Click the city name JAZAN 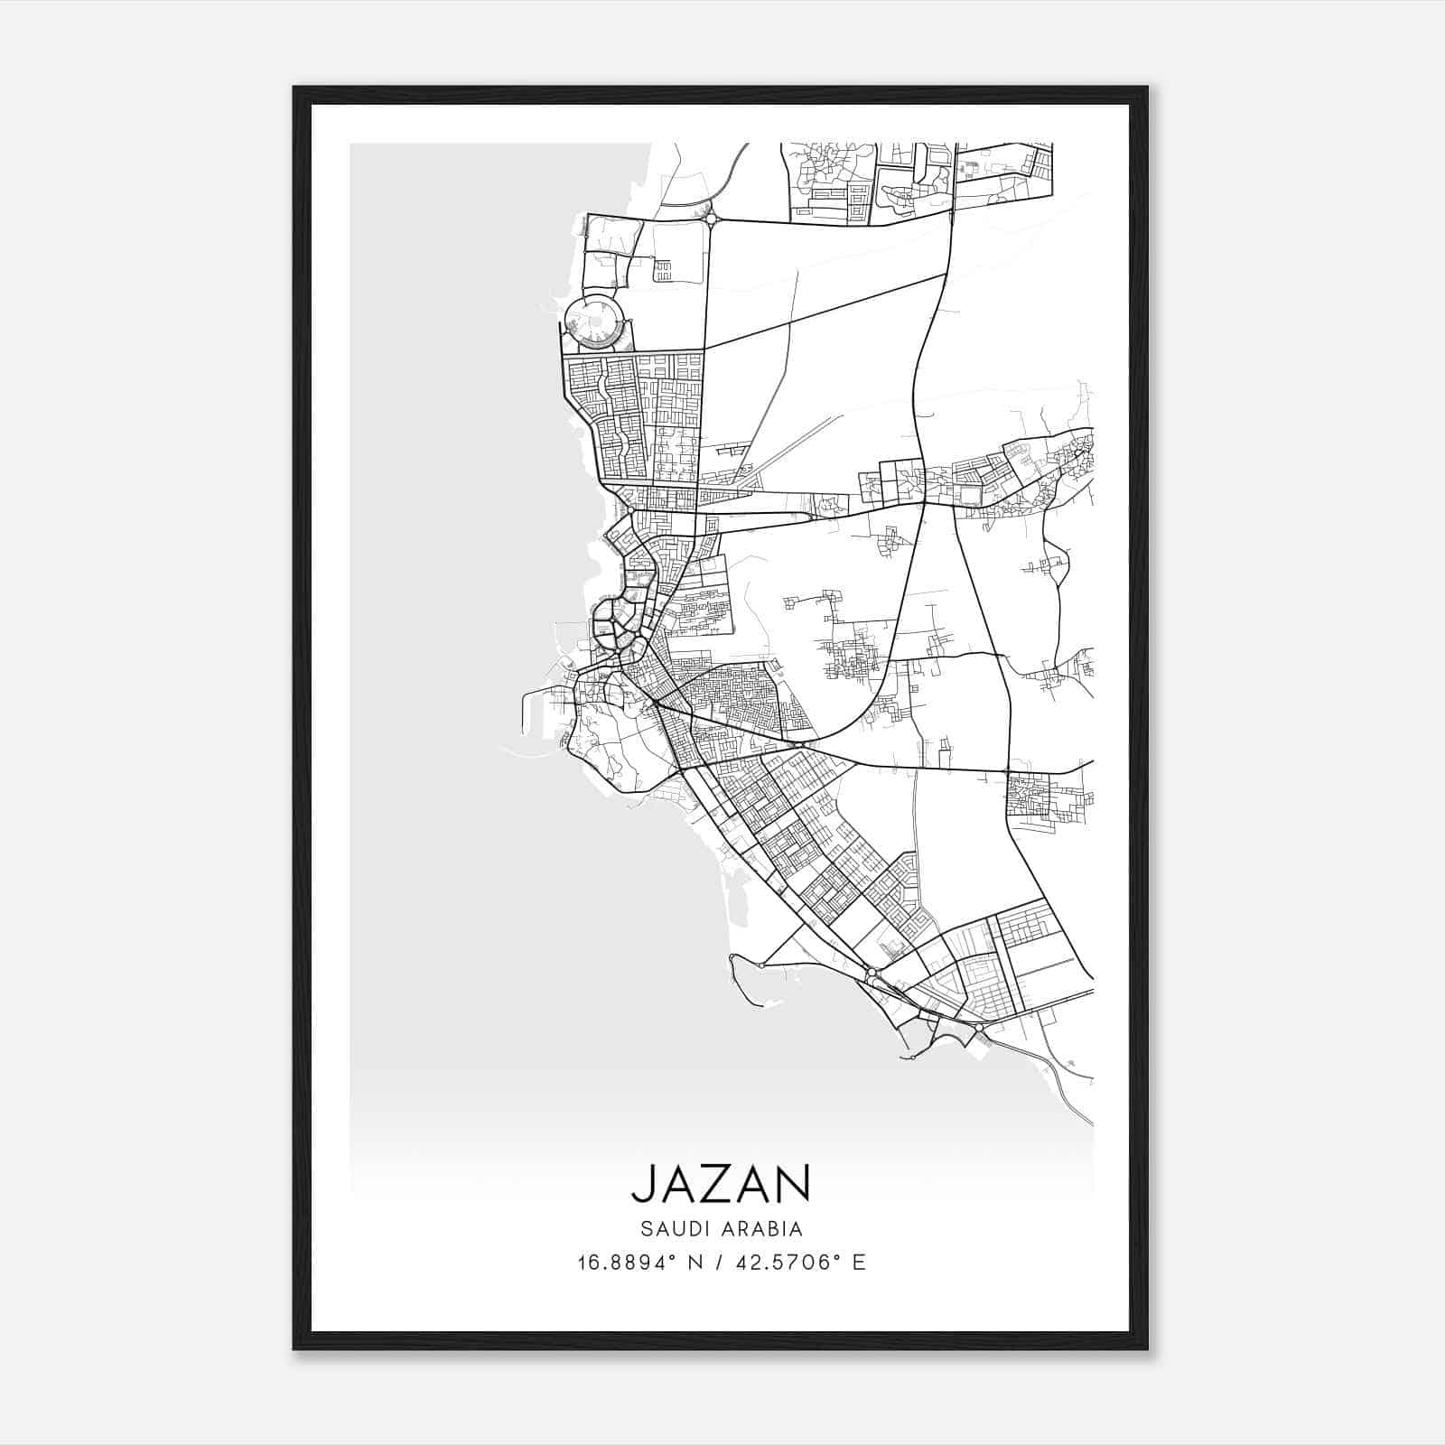tap(721, 1183)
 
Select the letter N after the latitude tap(697, 1263)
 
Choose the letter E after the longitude tap(859, 1263)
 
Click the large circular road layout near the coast tap(593, 322)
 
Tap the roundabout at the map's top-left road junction tap(712, 218)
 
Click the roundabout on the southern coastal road tap(872, 975)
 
